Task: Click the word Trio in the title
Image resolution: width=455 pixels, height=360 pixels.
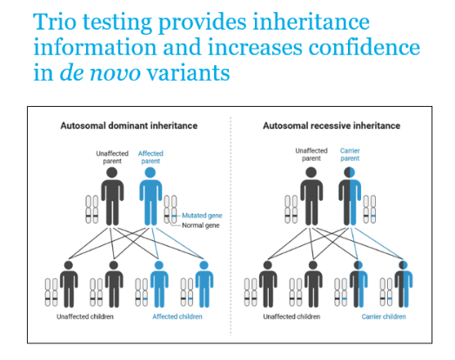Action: tap(55, 22)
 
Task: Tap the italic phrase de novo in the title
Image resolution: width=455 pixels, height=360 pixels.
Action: tap(100, 72)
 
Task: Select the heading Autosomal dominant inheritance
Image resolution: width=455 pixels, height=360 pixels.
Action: tap(129, 125)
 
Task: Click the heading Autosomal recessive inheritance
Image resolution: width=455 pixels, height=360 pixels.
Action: tap(331, 125)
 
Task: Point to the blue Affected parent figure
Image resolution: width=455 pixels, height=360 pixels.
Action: tap(151, 197)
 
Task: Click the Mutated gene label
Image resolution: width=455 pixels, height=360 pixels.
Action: tap(202, 216)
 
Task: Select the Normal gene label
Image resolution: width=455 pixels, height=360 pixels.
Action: tap(200, 225)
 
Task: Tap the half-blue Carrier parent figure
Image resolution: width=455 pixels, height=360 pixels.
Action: tap(350, 197)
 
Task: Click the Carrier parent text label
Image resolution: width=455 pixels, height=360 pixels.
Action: tap(350, 155)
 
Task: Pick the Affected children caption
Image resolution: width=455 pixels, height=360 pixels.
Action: tap(177, 317)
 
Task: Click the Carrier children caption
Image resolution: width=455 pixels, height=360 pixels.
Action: tap(384, 317)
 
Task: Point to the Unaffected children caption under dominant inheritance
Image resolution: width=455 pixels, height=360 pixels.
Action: tap(85, 317)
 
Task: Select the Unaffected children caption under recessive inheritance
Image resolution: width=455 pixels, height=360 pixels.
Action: tap(291, 317)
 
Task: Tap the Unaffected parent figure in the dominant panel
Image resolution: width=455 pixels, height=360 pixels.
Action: tap(112, 197)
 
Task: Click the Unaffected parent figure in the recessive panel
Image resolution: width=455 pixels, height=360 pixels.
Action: tap(311, 197)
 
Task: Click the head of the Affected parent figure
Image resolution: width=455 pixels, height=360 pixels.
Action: tap(151, 172)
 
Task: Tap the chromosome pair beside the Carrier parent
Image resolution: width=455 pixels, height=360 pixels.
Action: tap(370, 210)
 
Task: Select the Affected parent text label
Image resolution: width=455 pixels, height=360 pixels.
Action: tap(151, 157)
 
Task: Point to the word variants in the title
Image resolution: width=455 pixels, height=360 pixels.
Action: tap(189, 72)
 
